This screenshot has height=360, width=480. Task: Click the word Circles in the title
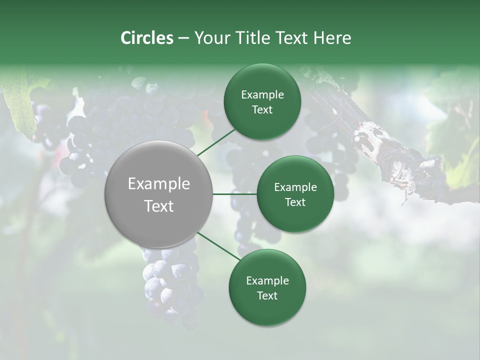point(146,38)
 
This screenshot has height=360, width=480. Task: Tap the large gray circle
point(159,194)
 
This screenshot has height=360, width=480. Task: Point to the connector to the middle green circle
point(235,194)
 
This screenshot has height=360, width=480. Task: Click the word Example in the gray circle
point(159,184)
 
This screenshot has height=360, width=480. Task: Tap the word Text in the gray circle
point(159,206)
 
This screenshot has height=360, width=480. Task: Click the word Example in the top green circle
point(262,95)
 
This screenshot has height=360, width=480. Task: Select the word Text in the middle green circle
point(295,202)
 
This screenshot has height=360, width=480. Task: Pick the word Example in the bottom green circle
point(267,281)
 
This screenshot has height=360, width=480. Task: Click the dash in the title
point(183,38)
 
